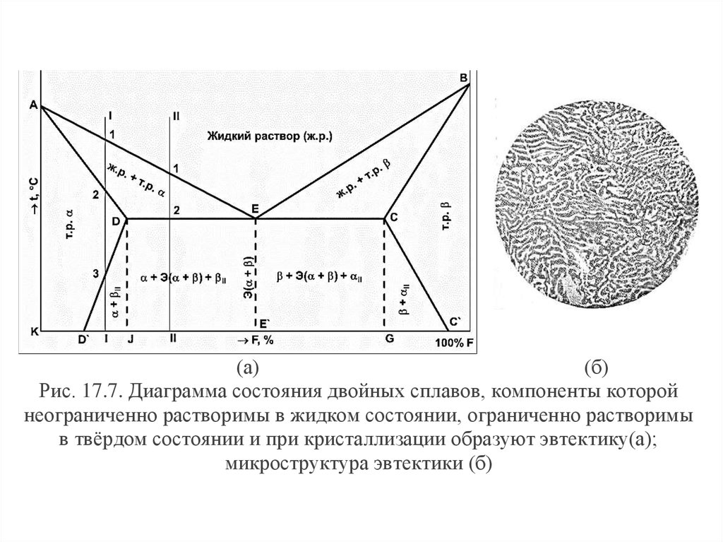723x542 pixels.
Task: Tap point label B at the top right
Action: coord(464,78)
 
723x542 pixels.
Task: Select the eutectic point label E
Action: coord(256,208)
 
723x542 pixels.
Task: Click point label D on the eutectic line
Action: coord(115,221)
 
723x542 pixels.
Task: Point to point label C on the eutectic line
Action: coord(394,218)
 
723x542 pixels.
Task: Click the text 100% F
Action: coord(453,343)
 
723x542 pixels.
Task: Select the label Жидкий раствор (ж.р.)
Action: coord(270,135)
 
